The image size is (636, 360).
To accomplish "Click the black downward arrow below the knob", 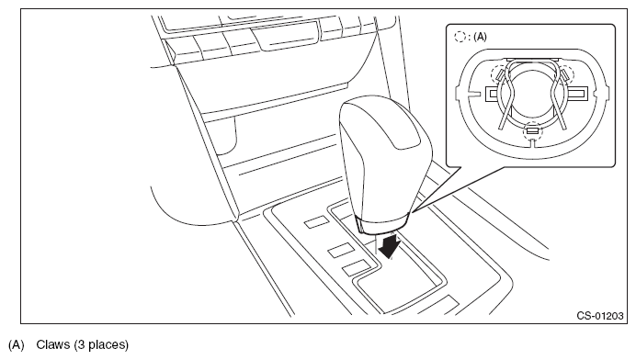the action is [390, 246].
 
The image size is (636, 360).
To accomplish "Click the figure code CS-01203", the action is [600, 316].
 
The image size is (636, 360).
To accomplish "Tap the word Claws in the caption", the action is [52, 345].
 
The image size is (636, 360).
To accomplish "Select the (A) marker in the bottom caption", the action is [17, 345].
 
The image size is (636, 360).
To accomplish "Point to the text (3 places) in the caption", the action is [101, 345].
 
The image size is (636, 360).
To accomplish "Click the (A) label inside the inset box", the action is [480, 37].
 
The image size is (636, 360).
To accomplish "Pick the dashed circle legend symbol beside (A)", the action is [460, 37].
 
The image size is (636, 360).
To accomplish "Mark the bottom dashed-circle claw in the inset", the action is [532, 130].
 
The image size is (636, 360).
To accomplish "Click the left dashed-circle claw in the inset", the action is [499, 74].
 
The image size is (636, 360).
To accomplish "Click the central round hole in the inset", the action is [532, 94].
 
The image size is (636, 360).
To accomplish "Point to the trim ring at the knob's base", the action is [382, 224].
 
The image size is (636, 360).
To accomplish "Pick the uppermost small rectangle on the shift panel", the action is [317, 221].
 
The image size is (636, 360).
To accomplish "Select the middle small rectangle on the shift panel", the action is [341, 250].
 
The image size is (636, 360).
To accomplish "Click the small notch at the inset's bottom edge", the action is [533, 143].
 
